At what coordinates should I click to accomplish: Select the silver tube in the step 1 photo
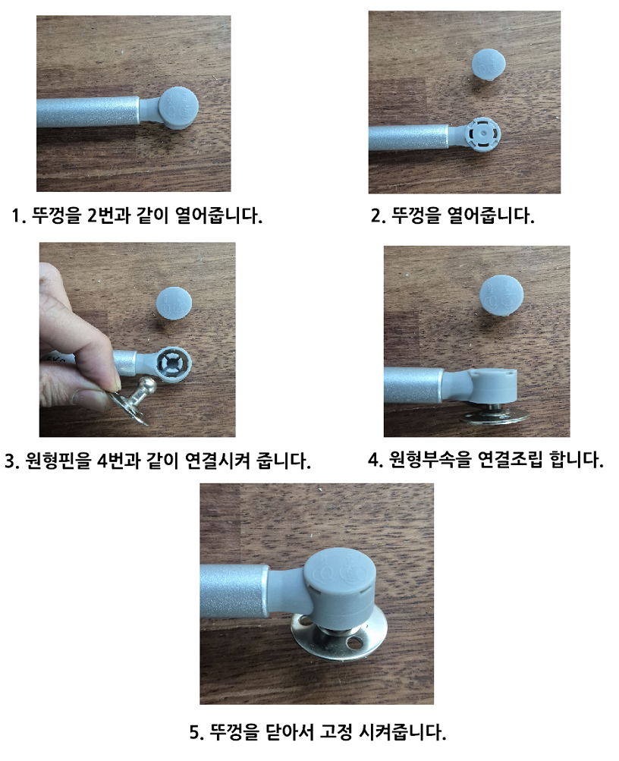click(x=87, y=113)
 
